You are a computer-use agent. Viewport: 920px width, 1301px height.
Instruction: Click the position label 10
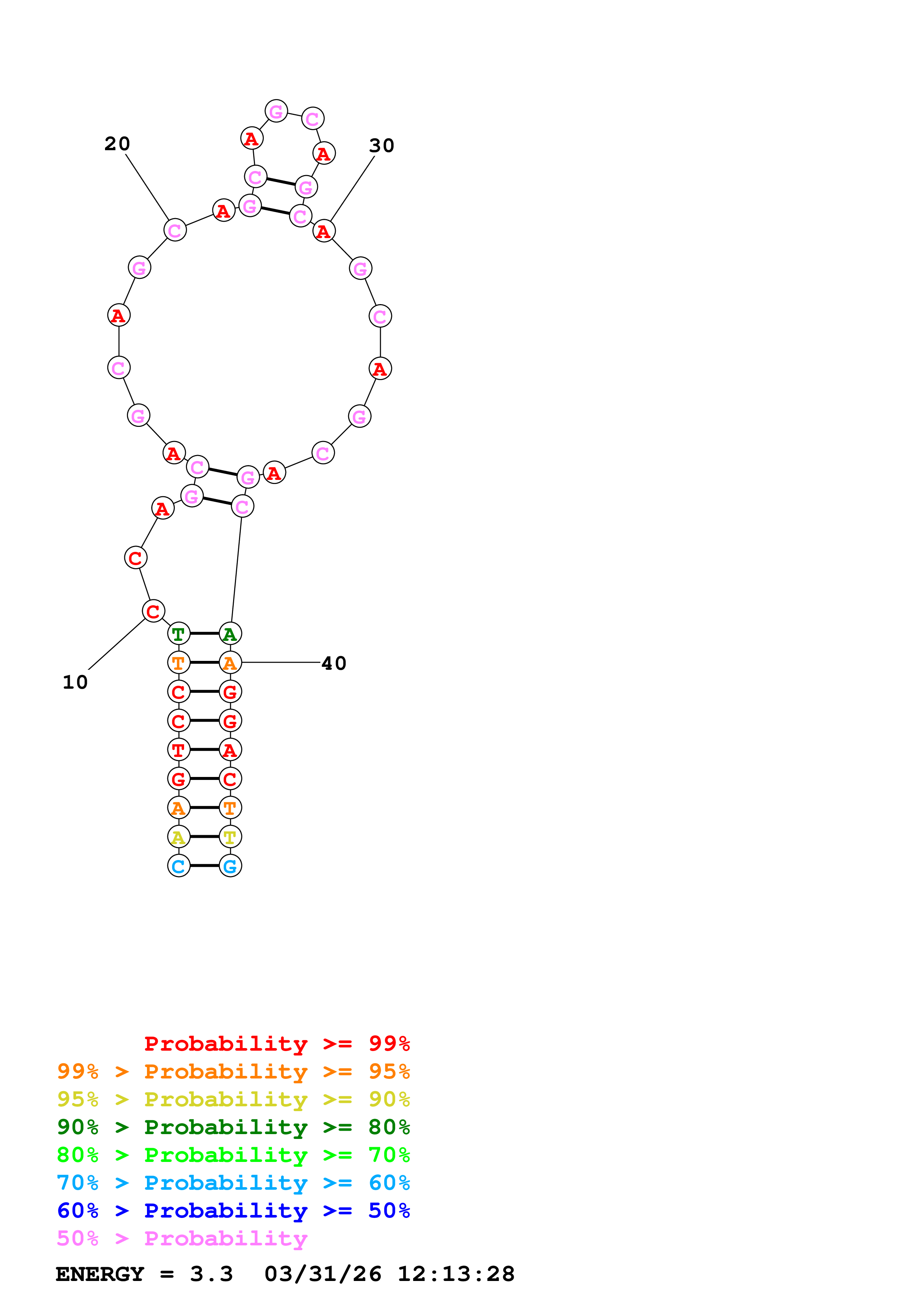pos(75,682)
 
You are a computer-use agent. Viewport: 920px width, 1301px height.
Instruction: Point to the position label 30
pos(382,146)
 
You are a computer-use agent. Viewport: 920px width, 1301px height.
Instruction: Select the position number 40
pos(334,663)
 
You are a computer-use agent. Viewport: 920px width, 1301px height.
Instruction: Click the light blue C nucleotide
pos(179,866)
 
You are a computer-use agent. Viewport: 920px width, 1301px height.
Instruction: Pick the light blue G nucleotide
pos(230,866)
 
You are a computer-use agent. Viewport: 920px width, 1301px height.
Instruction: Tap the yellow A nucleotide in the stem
pos(179,837)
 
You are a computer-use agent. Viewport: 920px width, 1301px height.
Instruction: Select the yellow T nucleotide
pos(230,837)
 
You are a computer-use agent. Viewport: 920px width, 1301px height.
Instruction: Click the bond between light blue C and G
pos(204,866)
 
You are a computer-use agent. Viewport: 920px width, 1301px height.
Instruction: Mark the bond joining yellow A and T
pos(204,837)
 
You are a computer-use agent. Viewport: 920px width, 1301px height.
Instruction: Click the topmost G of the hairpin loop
pos(276,111)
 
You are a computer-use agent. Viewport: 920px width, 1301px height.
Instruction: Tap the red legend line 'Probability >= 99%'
pos(277,1044)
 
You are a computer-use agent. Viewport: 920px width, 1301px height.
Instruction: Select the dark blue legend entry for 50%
pos(233,1211)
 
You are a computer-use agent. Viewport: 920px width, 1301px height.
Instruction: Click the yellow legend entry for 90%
pos(233,1099)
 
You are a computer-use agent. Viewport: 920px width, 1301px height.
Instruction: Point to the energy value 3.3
pos(212,1274)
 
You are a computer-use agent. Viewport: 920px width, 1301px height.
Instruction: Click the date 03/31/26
pos(323,1274)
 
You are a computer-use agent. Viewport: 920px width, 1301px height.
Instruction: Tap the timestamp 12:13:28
pos(456,1274)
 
